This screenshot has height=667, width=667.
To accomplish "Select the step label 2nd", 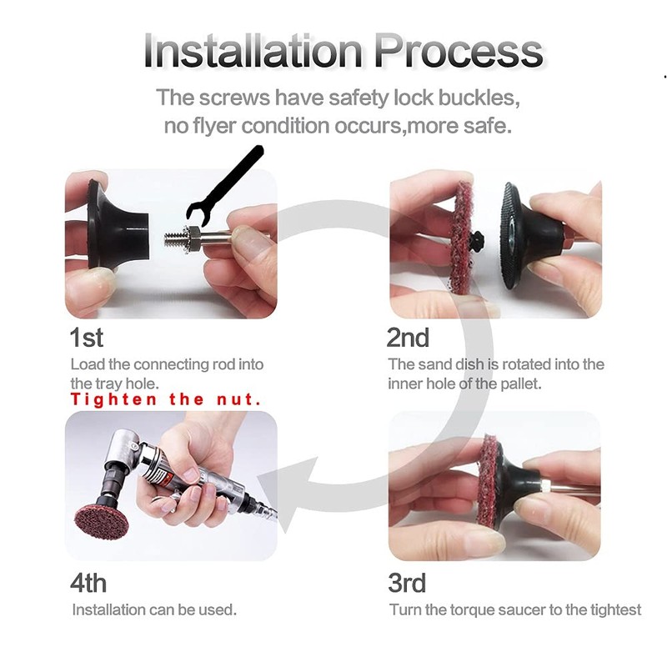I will (408, 338).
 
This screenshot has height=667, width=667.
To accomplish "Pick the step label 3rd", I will (407, 581).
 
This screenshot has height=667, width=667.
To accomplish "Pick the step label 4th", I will (88, 581).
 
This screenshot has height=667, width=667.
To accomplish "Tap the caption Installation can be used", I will (154, 609).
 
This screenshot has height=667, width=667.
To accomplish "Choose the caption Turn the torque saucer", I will (515, 609).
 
